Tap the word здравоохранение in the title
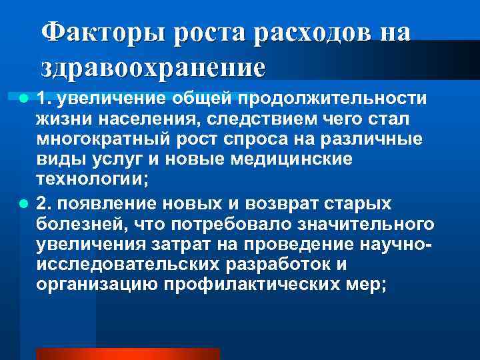click(153, 67)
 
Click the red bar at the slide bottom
click(127, 353)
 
